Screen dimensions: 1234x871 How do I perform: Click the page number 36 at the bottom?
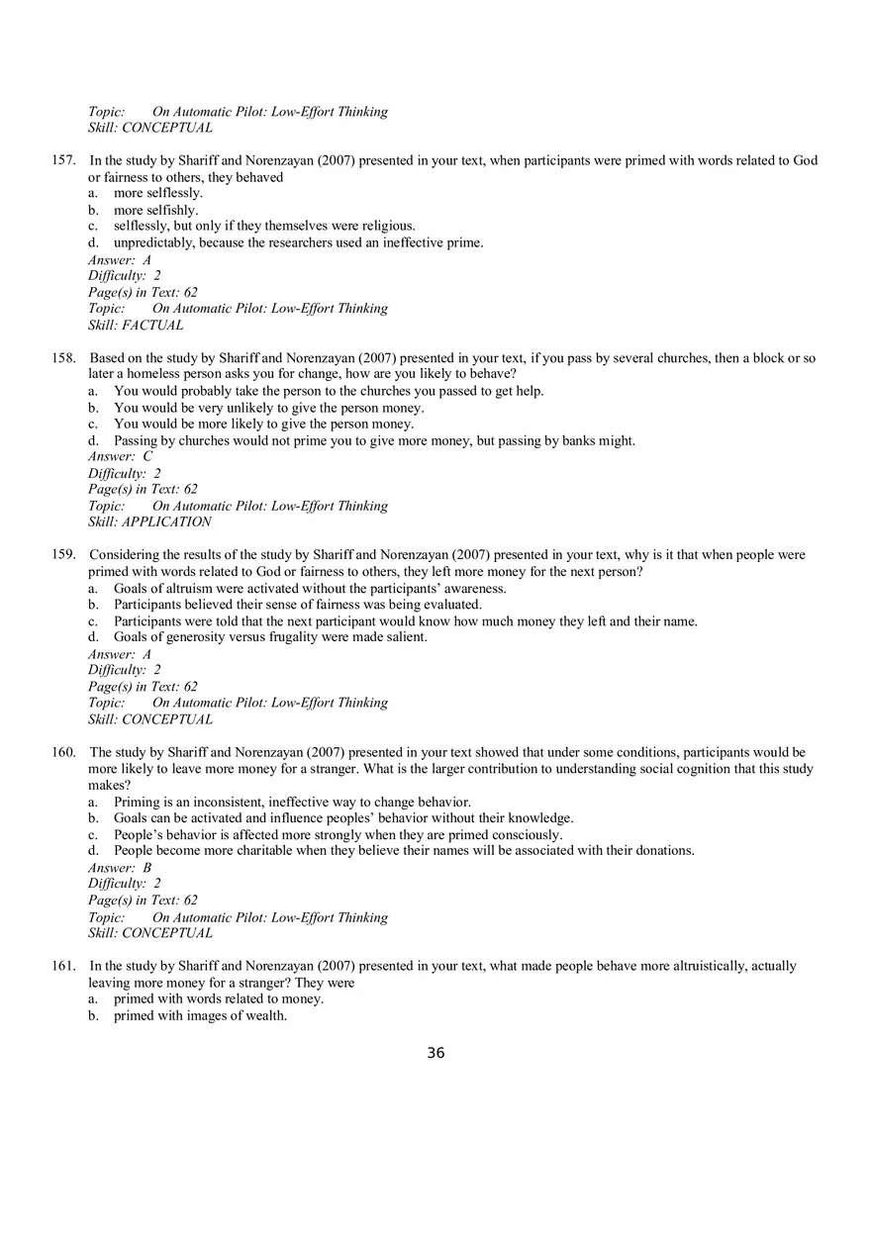coord(435,1053)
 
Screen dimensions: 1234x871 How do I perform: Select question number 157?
coord(63,160)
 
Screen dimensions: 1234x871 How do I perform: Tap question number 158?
coord(63,358)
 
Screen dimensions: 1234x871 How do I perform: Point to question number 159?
coord(63,555)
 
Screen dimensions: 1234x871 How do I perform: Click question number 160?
coord(63,752)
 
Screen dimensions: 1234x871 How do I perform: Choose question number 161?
coord(63,966)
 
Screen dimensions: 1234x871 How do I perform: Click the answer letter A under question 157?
coord(146,260)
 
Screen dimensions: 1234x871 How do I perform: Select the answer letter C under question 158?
coord(147,457)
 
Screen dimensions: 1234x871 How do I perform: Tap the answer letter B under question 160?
coord(146,868)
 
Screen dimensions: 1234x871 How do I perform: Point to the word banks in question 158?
coord(582,440)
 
